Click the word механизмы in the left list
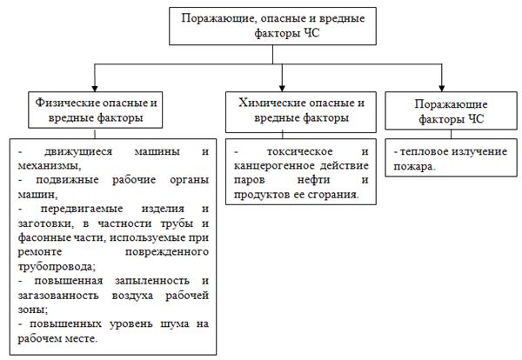tap(49, 165)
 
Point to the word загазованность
tap(61, 296)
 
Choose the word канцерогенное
tap(271, 166)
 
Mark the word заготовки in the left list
tap(45, 223)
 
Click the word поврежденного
tap(171, 252)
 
